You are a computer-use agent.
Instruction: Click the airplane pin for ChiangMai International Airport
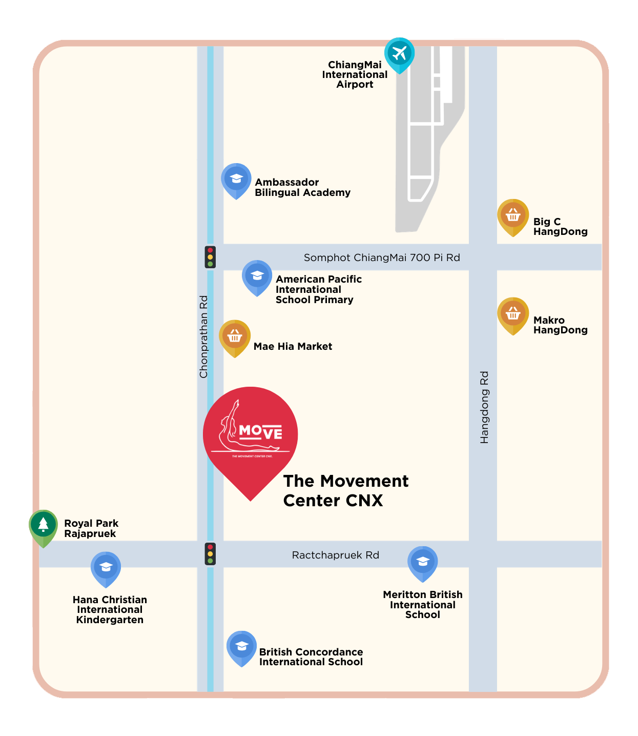pyautogui.click(x=399, y=53)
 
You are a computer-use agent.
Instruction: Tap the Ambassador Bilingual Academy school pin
pyautogui.click(x=236, y=180)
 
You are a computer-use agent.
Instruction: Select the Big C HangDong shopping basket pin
pyautogui.click(x=513, y=216)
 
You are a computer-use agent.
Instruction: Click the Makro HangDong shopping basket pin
pyautogui.click(x=513, y=314)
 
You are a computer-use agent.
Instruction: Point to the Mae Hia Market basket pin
pyautogui.click(x=235, y=337)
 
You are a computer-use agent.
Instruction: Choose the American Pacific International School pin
pyautogui.click(x=257, y=276)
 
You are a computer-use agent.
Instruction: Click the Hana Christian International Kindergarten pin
pyautogui.click(x=106, y=568)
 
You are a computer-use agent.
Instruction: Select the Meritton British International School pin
pyautogui.click(x=423, y=562)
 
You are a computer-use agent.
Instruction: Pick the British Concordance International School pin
pyautogui.click(x=242, y=647)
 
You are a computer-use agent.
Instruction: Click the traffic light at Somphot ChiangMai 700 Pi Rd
pyautogui.click(x=210, y=257)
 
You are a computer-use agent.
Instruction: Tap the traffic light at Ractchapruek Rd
pyautogui.click(x=210, y=554)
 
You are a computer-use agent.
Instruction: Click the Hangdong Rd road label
pyautogui.click(x=484, y=407)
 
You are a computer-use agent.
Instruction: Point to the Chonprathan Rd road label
pyautogui.click(x=204, y=337)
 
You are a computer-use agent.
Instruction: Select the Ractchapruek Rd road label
pyautogui.click(x=335, y=555)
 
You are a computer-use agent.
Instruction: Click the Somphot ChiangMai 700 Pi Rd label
pyautogui.click(x=382, y=257)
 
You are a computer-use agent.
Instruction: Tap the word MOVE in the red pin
pyautogui.click(x=261, y=432)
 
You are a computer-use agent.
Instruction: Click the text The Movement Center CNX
pyautogui.click(x=345, y=490)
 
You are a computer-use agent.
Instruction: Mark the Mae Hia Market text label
pyautogui.click(x=293, y=346)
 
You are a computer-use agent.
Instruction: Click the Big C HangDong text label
pyautogui.click(x=560, y=226)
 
